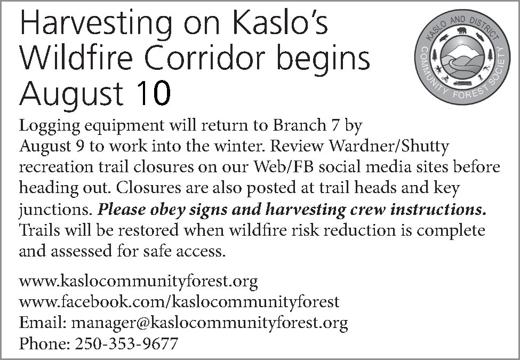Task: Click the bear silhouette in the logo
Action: coord(462,31)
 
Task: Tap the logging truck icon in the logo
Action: coord(462,83)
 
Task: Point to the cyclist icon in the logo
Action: coord(445,78)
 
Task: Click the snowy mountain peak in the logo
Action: coord(462,51)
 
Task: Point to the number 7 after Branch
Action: coord(334,125)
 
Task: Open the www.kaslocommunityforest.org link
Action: coord(138,282)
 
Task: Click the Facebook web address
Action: coord(179,302)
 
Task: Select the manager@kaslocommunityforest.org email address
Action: coord(210,323)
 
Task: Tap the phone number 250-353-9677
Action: coord(127,343)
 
